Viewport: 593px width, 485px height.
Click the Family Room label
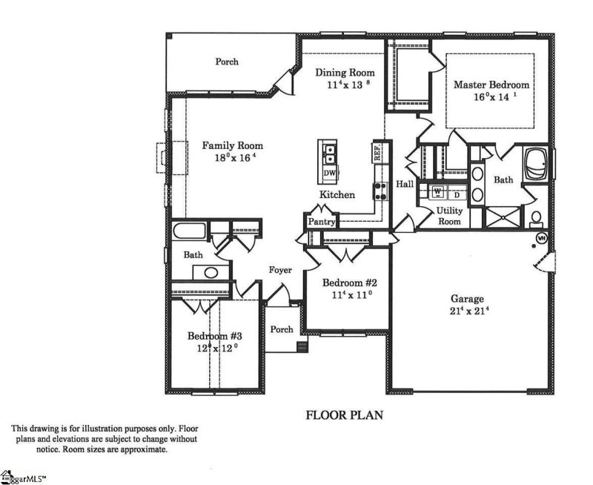coord(233,145)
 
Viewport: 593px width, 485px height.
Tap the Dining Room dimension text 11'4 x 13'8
coord(344,85)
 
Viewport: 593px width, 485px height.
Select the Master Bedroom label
coord(492,85)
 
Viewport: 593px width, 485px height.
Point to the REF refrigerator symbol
coord(377,153)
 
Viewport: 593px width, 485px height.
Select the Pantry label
coord(319,222)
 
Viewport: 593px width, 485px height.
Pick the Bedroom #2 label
coord(350,283)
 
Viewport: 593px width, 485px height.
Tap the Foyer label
coord(280,270)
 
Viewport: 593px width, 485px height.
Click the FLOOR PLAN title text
coord(345,415)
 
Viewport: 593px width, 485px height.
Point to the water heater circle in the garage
coord(541,238)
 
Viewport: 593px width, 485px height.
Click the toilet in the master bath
coord(536,218)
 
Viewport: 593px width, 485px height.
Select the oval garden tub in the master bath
coord(536,165)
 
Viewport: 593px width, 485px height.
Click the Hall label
coord(405,184)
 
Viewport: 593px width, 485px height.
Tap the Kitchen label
coord(337,195)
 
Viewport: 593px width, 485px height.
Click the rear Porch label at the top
coord(227,62)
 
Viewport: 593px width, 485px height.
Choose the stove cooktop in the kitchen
coord(380,191)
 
